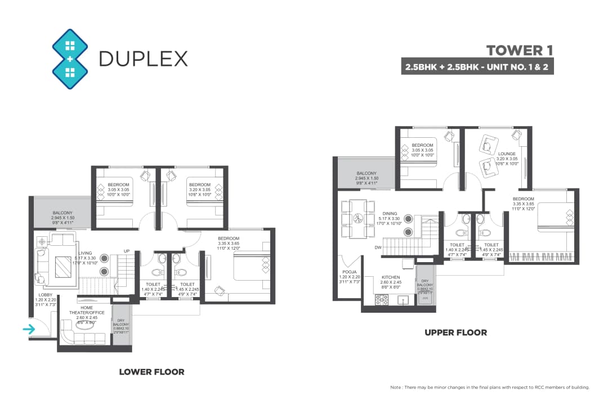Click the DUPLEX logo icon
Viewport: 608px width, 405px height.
[70, 59]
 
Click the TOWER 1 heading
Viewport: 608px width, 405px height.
[520, 50]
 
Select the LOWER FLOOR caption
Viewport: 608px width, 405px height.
[151, 372]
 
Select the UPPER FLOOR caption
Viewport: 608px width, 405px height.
[455, 332]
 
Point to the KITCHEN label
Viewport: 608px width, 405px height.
[390, 277]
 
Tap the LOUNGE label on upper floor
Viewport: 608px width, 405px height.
[507, 153]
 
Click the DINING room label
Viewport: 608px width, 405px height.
[390, 214]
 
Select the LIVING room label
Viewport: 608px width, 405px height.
[86, 254]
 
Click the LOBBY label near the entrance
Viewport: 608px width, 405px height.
[46, 295]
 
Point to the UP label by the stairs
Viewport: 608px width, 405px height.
[127, 251]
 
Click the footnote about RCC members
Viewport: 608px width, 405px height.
[489, 388]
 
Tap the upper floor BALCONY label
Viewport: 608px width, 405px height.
[367, 173]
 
